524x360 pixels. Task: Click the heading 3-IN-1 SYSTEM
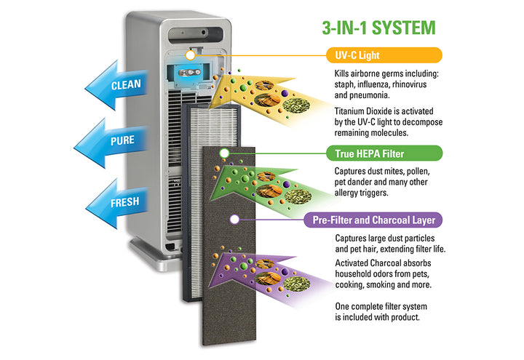click(x=378, y=28)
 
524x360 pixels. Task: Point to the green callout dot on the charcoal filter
click(x=224, y=153)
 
